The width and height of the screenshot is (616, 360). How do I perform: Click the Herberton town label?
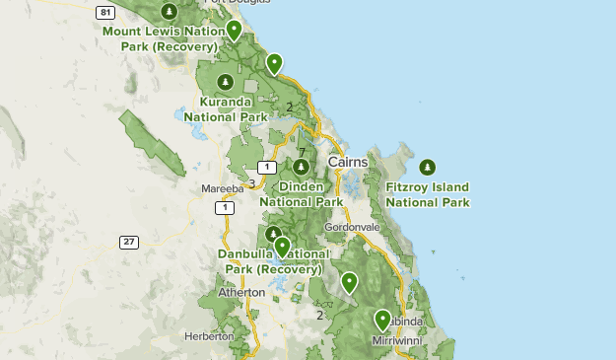[x=209, y=336]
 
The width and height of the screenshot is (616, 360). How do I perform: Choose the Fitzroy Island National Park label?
[x=427, y=194]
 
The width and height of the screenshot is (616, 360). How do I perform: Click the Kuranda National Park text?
[x=234, y=108]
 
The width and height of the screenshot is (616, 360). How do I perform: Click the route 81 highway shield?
[x=105, y=12]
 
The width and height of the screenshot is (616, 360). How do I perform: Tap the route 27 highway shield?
[x=129, y=242]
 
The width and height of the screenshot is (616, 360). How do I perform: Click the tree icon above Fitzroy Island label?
[x=427, y=166]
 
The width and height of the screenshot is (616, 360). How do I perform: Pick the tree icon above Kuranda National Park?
[x=226, y=81]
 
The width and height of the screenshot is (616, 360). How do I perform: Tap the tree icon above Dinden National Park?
[x=300, y=166]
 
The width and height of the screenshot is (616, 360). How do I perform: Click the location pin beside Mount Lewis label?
[x=234, y=31]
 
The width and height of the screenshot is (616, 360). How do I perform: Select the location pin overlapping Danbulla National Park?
[x=282, y=247]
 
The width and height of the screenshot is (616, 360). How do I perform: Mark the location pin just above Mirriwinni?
[x=382, y=320]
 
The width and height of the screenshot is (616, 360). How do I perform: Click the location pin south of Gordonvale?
[x=349, y=283]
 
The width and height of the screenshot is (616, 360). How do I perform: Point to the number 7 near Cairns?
[x=301, y=152]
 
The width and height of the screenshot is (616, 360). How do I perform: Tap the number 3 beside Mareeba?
[x=251, y=182]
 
